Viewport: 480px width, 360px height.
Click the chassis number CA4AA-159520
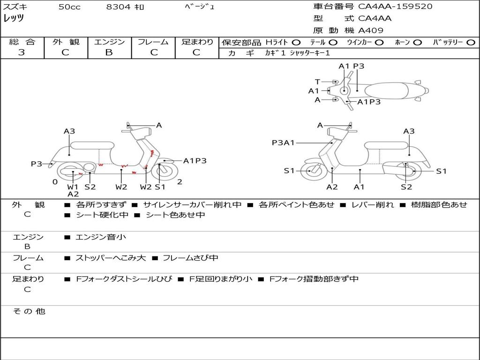395,7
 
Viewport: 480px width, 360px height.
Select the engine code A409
371,30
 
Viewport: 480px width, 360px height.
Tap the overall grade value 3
22,52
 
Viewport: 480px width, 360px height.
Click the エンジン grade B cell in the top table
109,52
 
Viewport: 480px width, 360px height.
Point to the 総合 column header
22,42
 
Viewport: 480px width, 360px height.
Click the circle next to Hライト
296,43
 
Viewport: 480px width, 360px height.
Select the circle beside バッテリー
471,43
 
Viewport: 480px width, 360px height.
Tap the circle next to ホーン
417,43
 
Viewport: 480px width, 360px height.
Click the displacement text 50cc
69,7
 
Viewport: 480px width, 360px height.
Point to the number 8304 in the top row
118,7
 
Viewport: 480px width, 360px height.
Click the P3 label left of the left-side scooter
37,164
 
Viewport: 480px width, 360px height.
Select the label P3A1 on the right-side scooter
283,142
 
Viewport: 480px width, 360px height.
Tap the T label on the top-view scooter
317,82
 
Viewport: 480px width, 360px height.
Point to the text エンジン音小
101,237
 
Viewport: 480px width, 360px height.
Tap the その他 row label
29,311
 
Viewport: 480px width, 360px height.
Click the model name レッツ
14,19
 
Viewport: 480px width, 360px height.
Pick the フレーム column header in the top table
153,42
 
